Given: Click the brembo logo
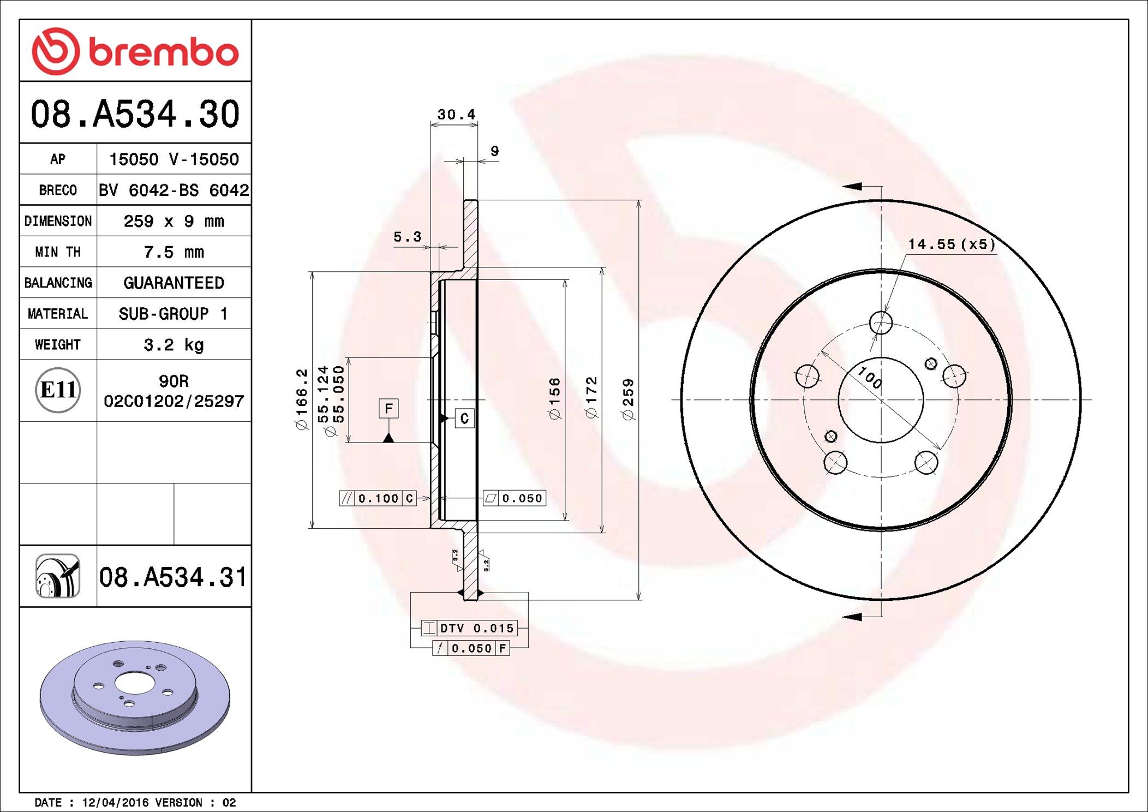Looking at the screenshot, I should (x=135, y=51).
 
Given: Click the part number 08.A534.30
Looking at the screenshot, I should (x=135, y=114).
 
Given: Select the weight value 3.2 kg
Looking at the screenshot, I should (x=174, y=345).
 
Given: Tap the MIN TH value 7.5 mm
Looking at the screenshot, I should (x=174, y=252).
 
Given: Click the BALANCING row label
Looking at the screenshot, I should (x=58, y=283).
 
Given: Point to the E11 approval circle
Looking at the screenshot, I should (x=58, y=390).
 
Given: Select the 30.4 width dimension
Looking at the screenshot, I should (x=456, y=115).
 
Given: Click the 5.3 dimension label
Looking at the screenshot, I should (x=408, y=237).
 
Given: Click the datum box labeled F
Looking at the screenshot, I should (x=388, y=408).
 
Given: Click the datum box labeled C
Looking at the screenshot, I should (x=464, y=419).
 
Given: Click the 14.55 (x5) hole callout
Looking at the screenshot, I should (x=952, y=244).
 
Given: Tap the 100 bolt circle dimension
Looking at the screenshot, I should (x=869, y=378).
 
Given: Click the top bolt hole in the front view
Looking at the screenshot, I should (x=881, y=323).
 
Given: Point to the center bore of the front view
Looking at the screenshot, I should (x=881, y=400).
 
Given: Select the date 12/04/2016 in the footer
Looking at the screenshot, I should (x=115, y=803).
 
